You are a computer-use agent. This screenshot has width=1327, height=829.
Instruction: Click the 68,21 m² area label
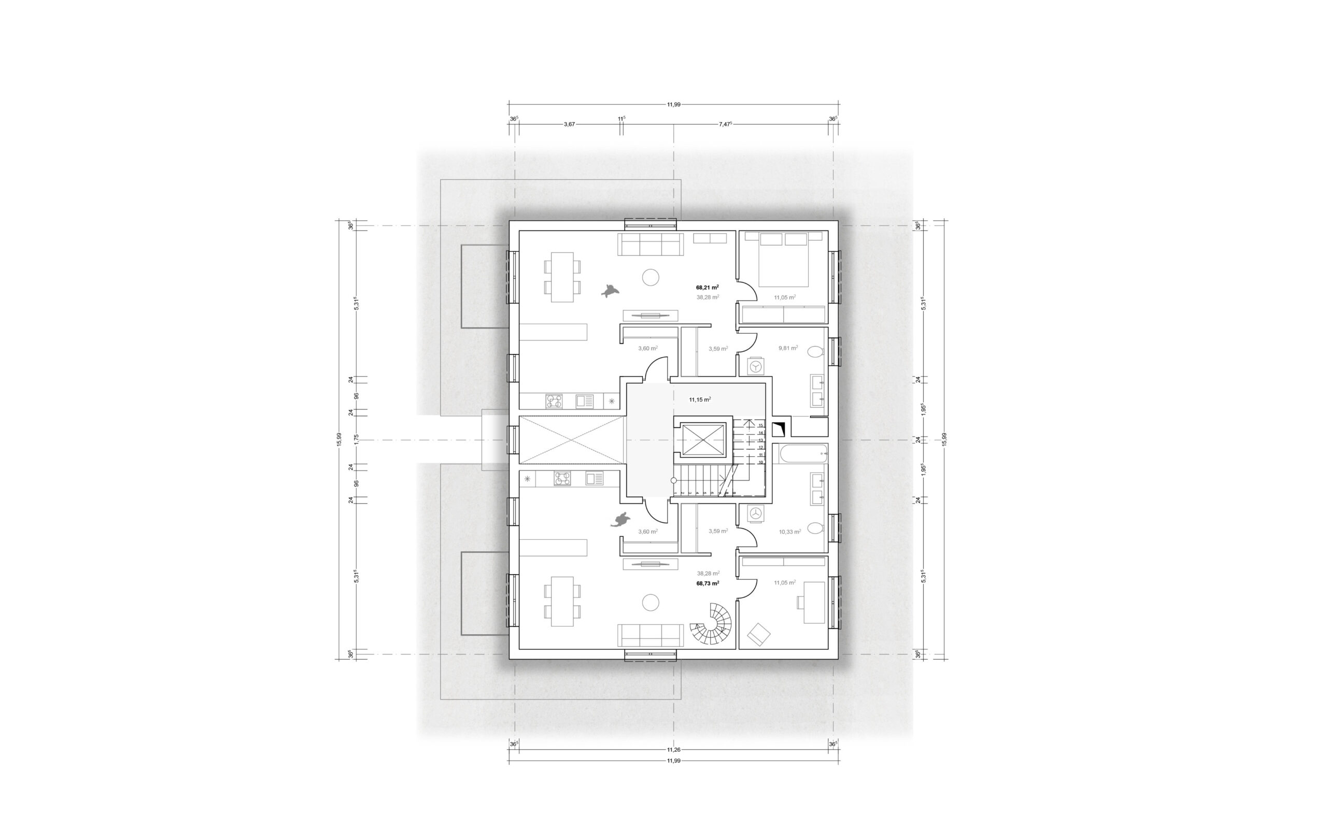pyautogui.click(x=707, y=287)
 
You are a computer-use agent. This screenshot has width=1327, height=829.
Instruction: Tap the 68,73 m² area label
pyautogui.click(x=708, y=583)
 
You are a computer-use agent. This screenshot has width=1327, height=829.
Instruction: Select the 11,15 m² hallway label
pyautogui.click(x=700, y=399)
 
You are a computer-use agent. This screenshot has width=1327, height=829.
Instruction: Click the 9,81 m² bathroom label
pyautogui.click(x=788, y=348)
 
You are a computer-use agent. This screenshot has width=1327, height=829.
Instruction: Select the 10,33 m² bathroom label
pyautogui.click(x=789, y=532)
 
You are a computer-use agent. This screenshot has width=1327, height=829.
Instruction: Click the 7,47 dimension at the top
pyautogui.click(x=725, y=124)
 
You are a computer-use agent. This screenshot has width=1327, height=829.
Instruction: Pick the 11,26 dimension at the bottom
pyautogui.click(x=673, y=750)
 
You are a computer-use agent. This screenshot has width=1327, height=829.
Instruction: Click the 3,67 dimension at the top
pyautogui.click(x=569, y=124)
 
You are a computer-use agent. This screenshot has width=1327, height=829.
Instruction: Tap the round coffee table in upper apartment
pyautogui.click(x=651, y=277)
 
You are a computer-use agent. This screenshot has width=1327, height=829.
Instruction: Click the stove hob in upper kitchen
pyautogui.click(x=554, y=402)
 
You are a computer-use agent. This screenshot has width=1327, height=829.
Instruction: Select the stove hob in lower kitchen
pyautogui.click(x=562, y=479)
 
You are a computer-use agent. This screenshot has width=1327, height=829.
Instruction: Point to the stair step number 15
pyautogui.click(x=760, y=425)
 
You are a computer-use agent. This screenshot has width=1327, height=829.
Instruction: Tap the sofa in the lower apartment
pyautogui.click(x=651, y=635)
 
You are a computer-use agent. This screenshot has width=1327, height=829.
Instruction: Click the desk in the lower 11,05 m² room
pyautogui.click(x=814, y=603)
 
